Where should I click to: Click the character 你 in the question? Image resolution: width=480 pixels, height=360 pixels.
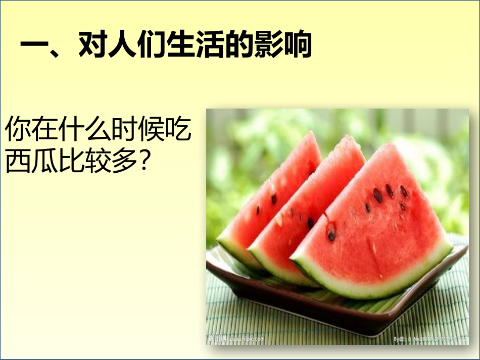17,130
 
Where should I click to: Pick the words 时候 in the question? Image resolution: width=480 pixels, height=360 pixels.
133,130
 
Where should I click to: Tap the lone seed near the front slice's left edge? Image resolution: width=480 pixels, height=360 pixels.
331,235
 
